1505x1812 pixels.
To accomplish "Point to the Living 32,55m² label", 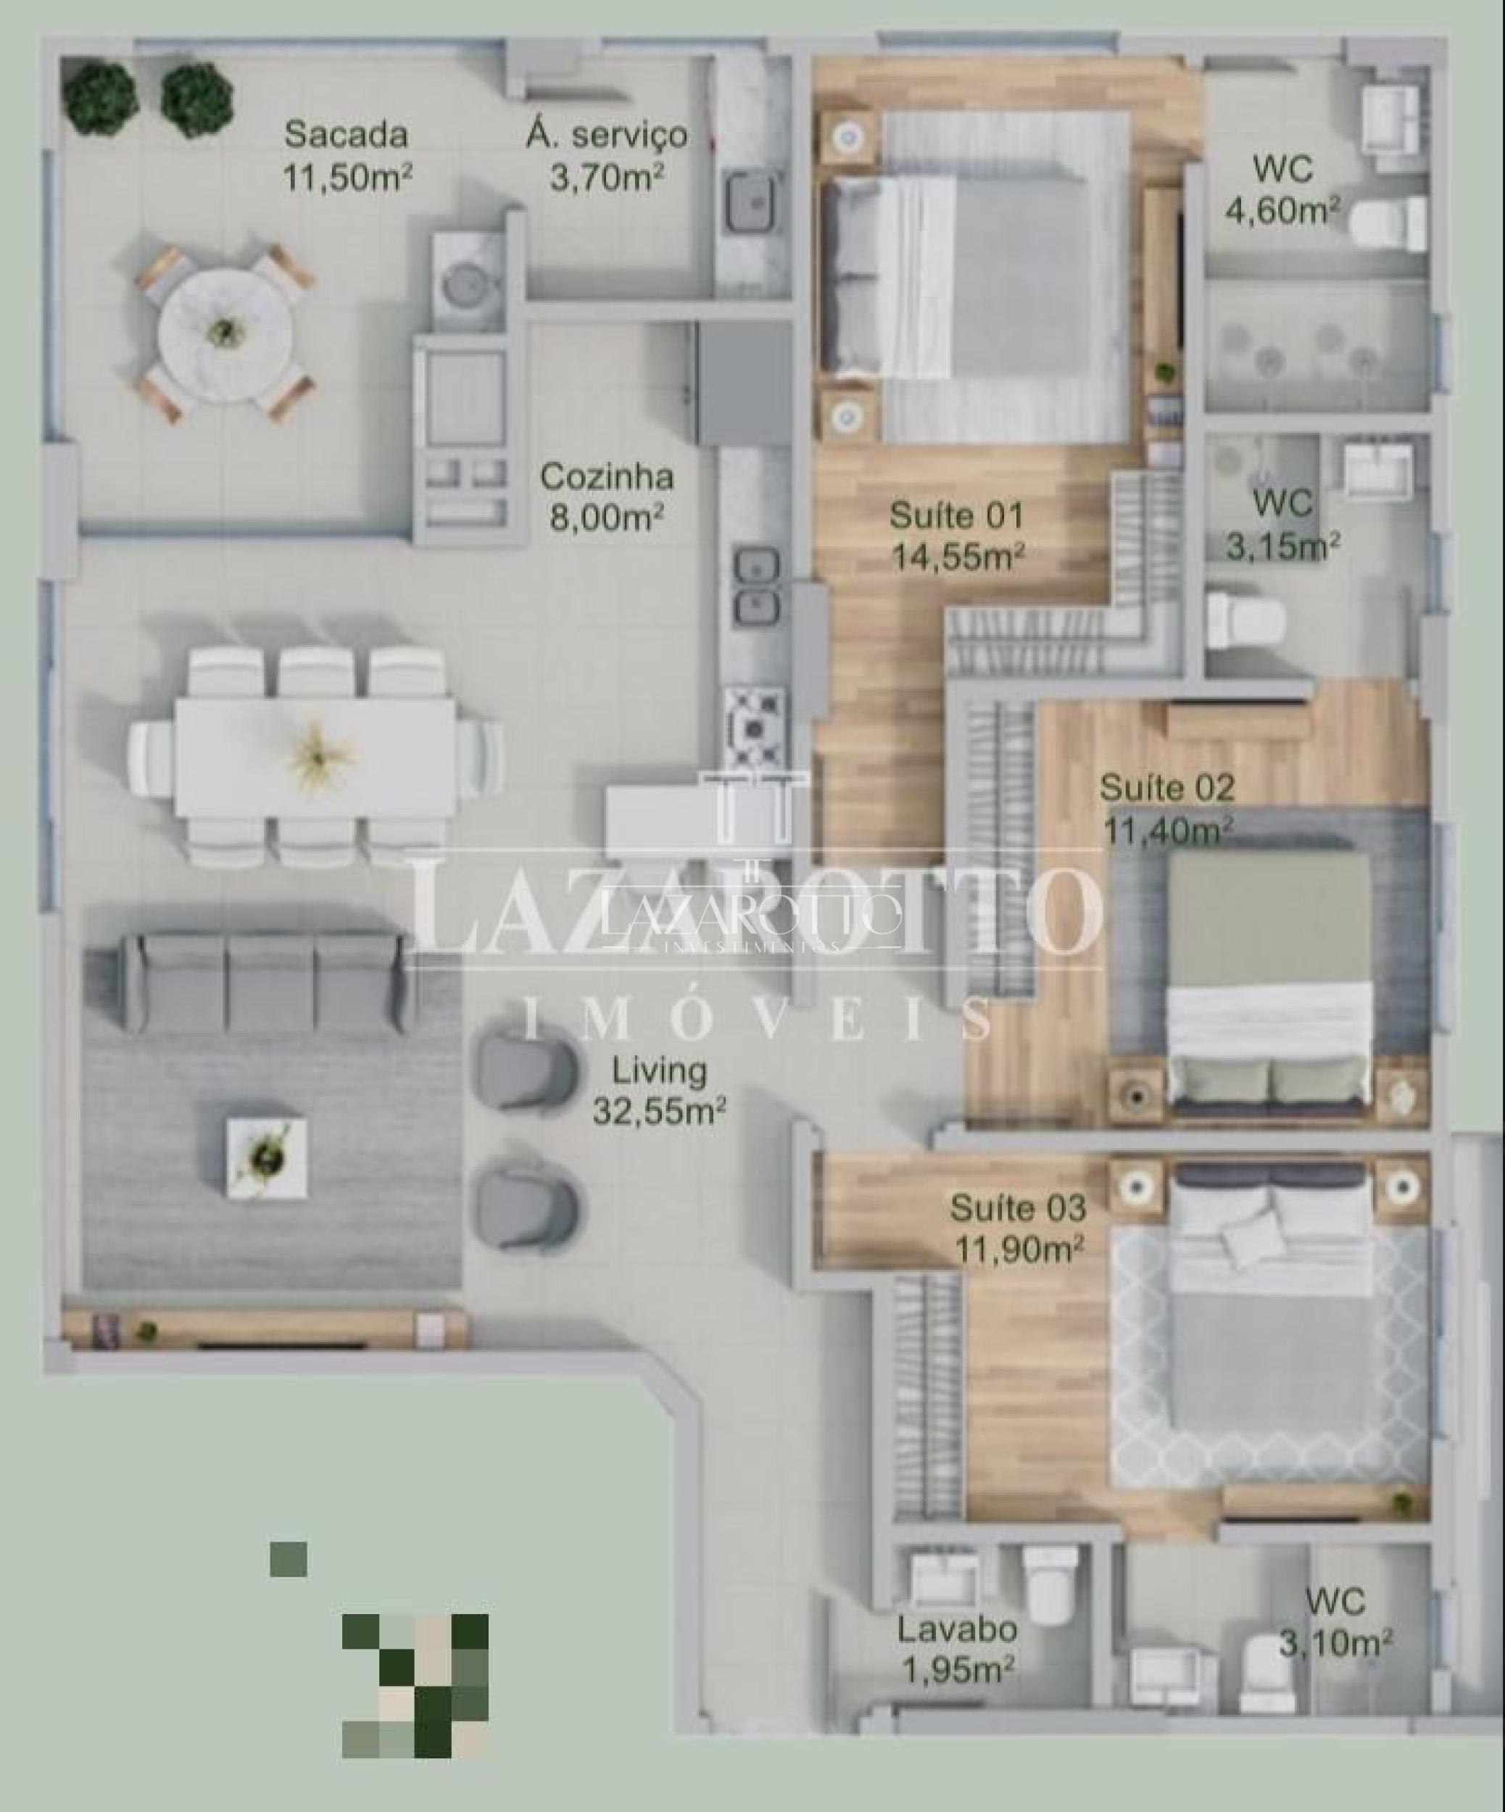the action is (658, 1091).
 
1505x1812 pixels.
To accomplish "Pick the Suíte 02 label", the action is (1166, 788).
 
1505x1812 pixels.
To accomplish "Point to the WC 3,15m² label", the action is (1283, 525).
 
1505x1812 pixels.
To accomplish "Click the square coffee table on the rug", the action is (266, 1157).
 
